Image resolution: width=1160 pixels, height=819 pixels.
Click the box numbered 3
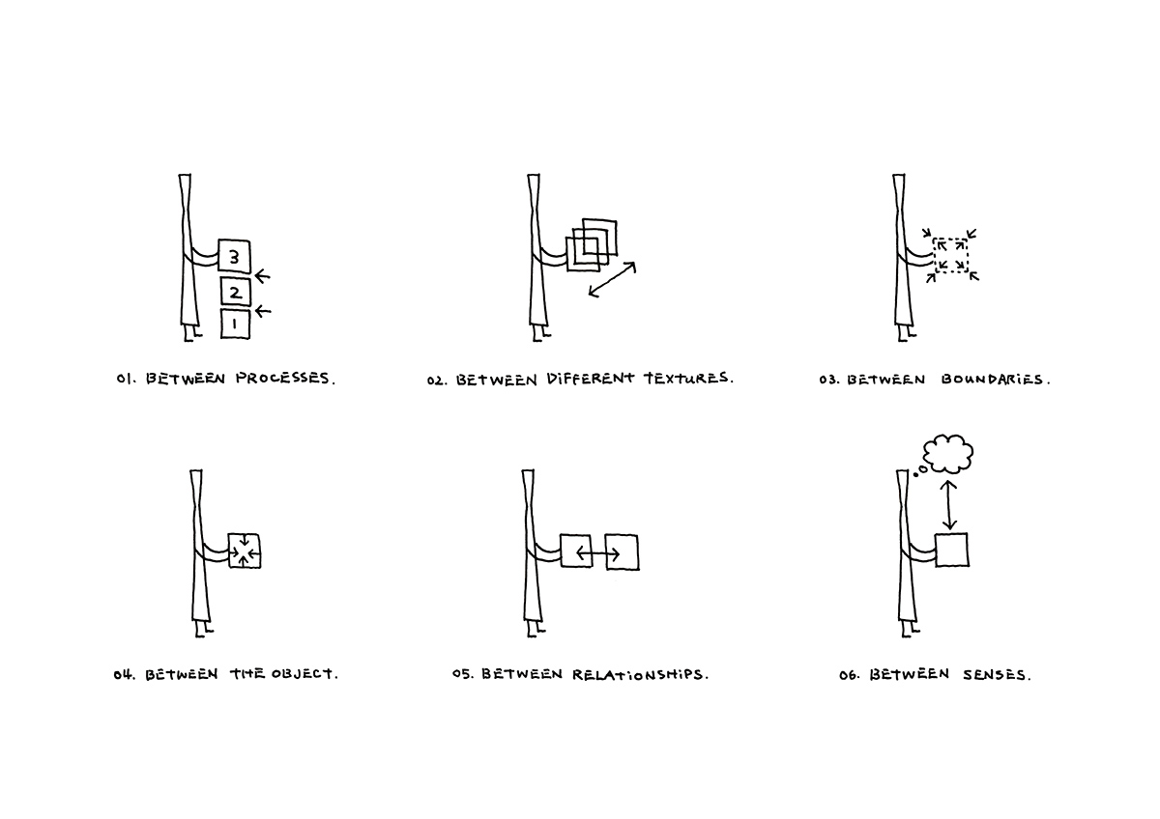pos(234,256)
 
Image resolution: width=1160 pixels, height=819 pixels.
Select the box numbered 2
pos(235,291)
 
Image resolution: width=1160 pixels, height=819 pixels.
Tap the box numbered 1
pos(235,324)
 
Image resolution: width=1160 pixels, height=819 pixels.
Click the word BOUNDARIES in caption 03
pos(993,380)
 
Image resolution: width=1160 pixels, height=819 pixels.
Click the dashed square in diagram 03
pos(950,255)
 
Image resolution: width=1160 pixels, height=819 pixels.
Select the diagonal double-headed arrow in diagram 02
pos(612,278)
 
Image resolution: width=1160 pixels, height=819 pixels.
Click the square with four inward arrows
pos(245,551)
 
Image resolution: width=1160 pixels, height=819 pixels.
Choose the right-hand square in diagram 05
pos(622,551)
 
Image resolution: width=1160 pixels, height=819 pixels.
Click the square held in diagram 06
pos(951,550)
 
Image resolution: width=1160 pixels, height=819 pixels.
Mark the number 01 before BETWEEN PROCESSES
pos(125,380)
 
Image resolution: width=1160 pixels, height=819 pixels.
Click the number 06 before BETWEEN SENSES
pos(850,674)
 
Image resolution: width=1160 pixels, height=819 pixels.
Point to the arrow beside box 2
pos(262,277)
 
